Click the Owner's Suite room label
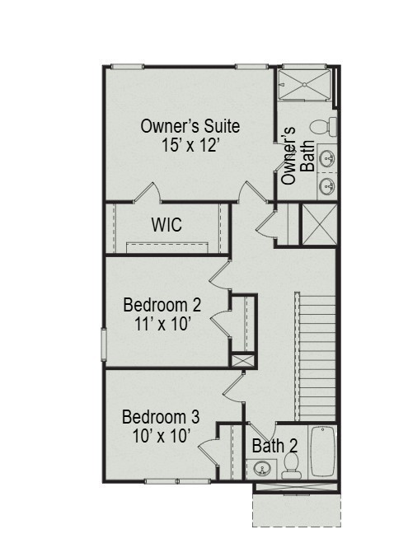(x=190, y=126)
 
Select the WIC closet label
(x=166, y=225)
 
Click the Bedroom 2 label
(x=162, y=305)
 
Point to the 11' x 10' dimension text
(x=162, y=324)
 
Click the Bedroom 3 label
(x=160, y=416)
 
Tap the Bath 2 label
(x=275, y=446)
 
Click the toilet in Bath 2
(x=290, y=467)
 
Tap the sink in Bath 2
(x=262, y=470)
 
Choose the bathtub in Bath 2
(x=322, y=451)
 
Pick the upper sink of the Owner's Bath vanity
(x=327, y=157)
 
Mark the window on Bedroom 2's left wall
(x=104, y=342)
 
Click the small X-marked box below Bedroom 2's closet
(x=242, y=360)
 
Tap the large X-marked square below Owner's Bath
(x=317, y=224)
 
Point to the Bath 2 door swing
(x=257, y=432)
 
